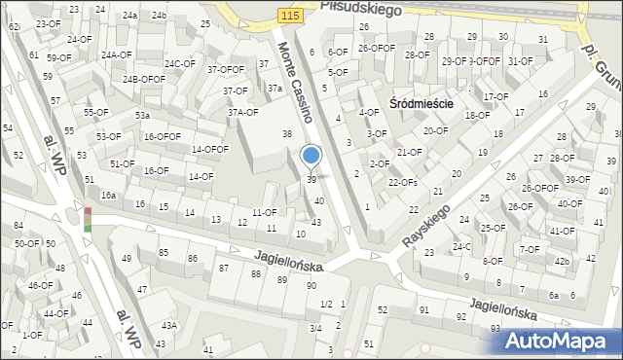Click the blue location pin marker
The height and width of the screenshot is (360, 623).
(311, 157)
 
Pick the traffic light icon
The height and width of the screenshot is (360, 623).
(87, 219)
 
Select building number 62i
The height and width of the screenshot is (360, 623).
(15, 27)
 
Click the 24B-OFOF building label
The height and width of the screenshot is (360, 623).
(144, 79)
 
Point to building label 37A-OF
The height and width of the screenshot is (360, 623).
(242, 112)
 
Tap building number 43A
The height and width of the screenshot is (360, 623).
(169, 326)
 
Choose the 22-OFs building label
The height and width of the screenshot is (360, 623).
(403, 182)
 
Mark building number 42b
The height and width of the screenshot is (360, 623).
(562, 262)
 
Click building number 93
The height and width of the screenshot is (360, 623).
(495, 329)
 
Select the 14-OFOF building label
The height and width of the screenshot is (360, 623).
(209, 149)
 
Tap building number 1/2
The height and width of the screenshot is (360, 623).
(326, 305)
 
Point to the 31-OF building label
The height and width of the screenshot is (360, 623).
(520, 60)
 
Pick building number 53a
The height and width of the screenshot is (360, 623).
(142, 116)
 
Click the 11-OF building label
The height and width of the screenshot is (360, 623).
(264, 212)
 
